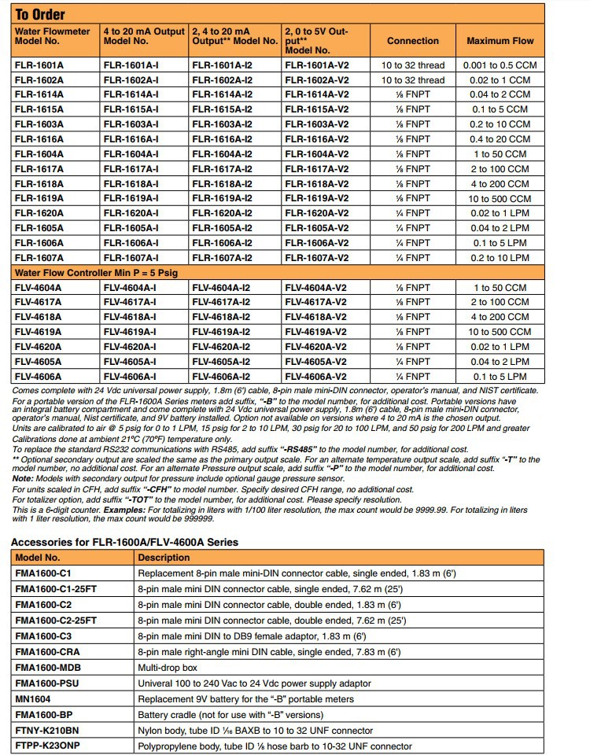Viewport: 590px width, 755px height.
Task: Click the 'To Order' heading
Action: [x=40, y=14]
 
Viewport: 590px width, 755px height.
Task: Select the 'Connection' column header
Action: [x=412, y=41]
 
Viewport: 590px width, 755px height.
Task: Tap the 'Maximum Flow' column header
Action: [x=500, y=41]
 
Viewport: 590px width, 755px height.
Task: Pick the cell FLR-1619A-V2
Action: [x=317, y=199]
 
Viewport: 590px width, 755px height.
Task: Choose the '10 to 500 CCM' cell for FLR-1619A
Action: [x=500, y=199]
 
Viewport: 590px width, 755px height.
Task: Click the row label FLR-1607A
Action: [x=39, y=258]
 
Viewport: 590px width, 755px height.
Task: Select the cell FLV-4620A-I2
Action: [x=222, y=347]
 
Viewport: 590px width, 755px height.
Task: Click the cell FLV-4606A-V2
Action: [x=317, y=377]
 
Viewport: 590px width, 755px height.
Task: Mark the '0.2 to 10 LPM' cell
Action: [x=500, y=258]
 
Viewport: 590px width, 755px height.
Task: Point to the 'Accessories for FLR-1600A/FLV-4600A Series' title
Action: [x=124, y=541]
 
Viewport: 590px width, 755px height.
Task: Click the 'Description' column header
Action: [x=164, y=558]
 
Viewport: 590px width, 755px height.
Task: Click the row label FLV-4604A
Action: [x=39, y=288]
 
